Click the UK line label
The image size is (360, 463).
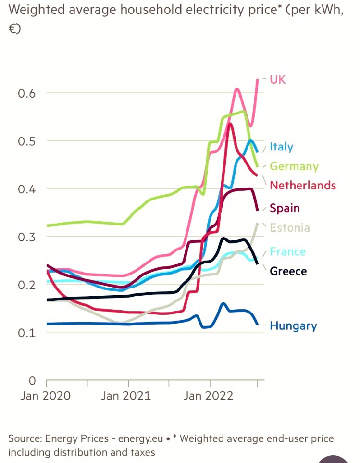pos(278,79)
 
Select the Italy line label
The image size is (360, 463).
pos(282,147)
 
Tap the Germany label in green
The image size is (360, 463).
pos(294,166)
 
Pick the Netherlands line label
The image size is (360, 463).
pos(303,186)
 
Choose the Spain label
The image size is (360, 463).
pos(285,208)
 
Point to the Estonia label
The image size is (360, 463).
pos(290,228)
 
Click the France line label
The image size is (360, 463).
pos(288,251)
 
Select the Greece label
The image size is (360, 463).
pos(288,271)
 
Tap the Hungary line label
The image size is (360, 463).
pos(293,326)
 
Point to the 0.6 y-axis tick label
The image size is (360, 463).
pos(26,93)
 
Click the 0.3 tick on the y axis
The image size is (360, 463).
pos(26,237)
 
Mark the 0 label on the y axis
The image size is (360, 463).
pos(32,381)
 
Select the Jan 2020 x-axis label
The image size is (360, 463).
pos(46,396)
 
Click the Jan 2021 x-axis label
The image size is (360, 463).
pos(126,396)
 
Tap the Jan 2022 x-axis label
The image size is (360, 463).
pos(208,396)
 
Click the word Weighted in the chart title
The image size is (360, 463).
pos(37,10)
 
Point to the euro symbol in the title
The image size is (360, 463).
pos(12,29)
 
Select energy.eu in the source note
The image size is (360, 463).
pos(140,439)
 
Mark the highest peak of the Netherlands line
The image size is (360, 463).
pos(230,124)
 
